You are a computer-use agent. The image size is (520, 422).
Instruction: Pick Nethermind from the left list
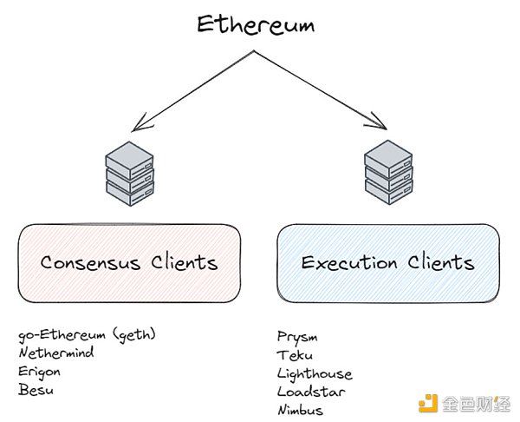55,353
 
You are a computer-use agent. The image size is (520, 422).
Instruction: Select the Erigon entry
40,372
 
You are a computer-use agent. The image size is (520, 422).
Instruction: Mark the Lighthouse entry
315,373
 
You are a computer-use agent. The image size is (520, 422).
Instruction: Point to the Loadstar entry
309,392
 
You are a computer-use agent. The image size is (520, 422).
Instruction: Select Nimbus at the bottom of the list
300,410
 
